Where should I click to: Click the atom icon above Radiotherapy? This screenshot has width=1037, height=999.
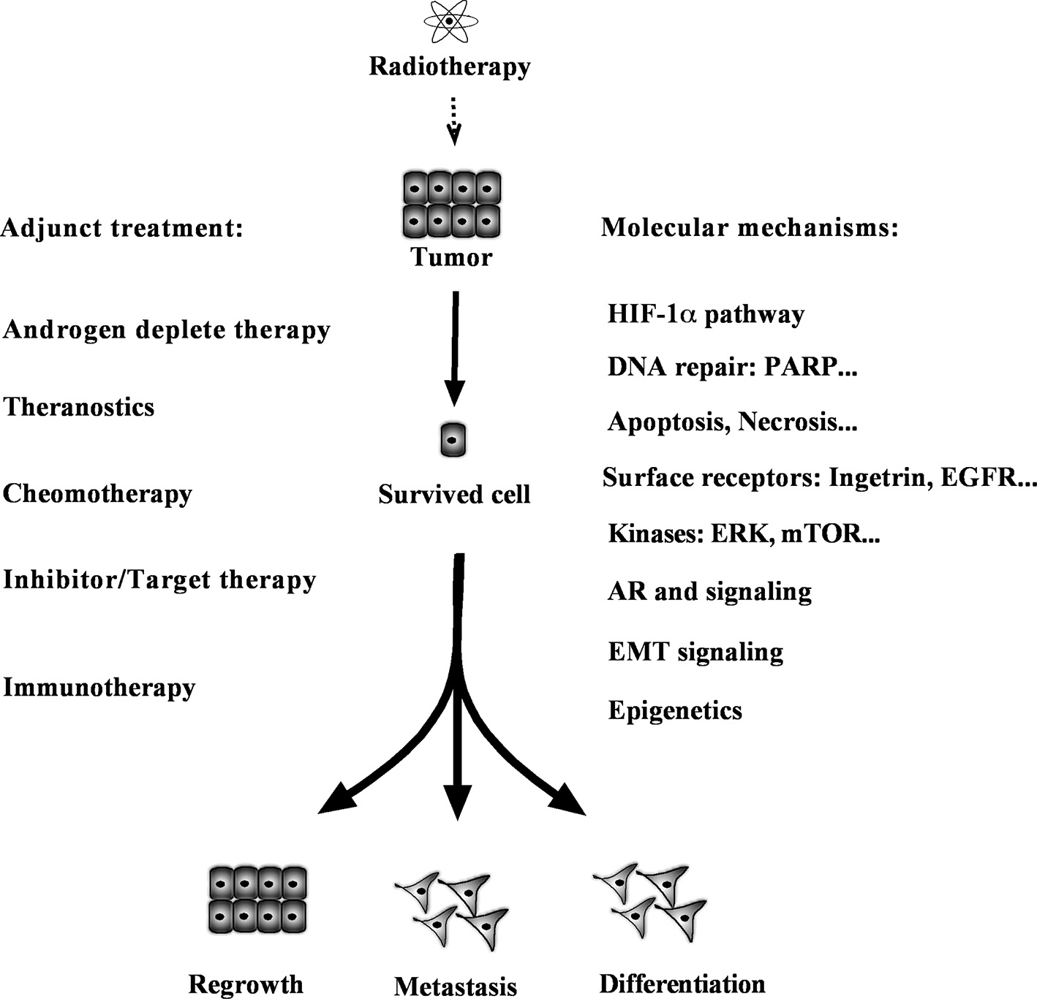pyautogui.click(x=449, y=21)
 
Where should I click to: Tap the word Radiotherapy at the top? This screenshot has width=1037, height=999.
pyautogui.click(x=449, y=66)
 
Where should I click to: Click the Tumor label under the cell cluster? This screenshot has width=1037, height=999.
pyautogui.click(x=451, y=257)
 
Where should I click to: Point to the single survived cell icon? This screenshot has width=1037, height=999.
pyautogui.click(x=453, y=440)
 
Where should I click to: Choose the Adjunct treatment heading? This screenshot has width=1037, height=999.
pyautogui.click(x=122, y=228)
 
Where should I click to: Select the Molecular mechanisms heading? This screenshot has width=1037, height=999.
pyautogui.click(x=750, y=228)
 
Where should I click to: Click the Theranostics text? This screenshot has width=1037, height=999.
pyautogui.click(x=79, y=407)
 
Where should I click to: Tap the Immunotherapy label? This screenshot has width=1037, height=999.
pyautogui.click(x=99, y=688)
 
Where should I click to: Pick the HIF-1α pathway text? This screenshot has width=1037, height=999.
pyautogui.click(x=706, y=314)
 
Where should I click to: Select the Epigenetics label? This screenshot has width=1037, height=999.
pyautogui.click(x=675, y=710)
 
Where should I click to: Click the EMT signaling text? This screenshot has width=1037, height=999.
pyautogui.click(x=695, y=652)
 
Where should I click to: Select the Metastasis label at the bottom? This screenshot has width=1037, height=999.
pyautogui.click(x=455, y=986)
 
